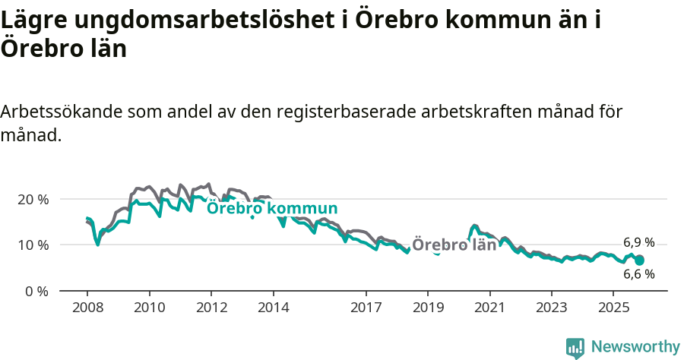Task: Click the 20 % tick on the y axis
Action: [x=33, y=199]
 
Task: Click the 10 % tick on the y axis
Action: [x=33, y=245]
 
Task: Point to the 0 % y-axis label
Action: [x=36, y=291]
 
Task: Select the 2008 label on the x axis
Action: [x=87, y=308]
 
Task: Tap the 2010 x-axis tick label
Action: [x=149, y=308]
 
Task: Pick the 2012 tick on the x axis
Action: [x=211, y=308]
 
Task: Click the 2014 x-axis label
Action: [x=273, y=308]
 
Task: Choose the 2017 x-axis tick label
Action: [x=366, y=308]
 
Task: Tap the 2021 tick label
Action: [x=489, y=308]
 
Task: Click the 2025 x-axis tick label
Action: [x=613, y=308]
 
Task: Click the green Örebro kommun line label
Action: [x=272, y=209]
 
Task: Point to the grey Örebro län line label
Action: [x=454, y=245]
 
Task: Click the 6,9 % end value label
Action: [x=638, y=243]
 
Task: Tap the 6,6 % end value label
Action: [x=638, y=274]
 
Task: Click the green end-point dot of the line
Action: [x=640, y=261]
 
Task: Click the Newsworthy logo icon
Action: [x=575, y=347]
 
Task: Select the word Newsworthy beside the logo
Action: [x=635, y=347]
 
